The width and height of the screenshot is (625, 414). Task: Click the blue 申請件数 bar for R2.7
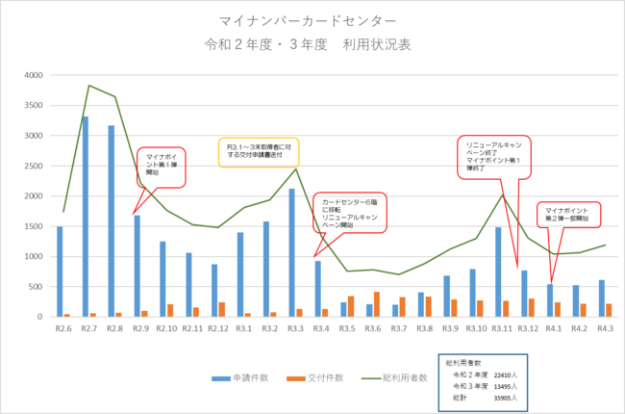(x=86, y=217)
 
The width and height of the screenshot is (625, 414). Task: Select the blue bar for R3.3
(x=291, y=252)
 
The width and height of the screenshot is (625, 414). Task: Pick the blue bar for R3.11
(x=498, y=272)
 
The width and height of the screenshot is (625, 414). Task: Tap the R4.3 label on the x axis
(x=605, y=328)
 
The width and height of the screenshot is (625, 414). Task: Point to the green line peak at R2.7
(x=89, y=86)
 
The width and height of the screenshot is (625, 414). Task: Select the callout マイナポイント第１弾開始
(x=161, y=166)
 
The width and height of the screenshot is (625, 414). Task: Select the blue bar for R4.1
(x=549, y=300)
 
